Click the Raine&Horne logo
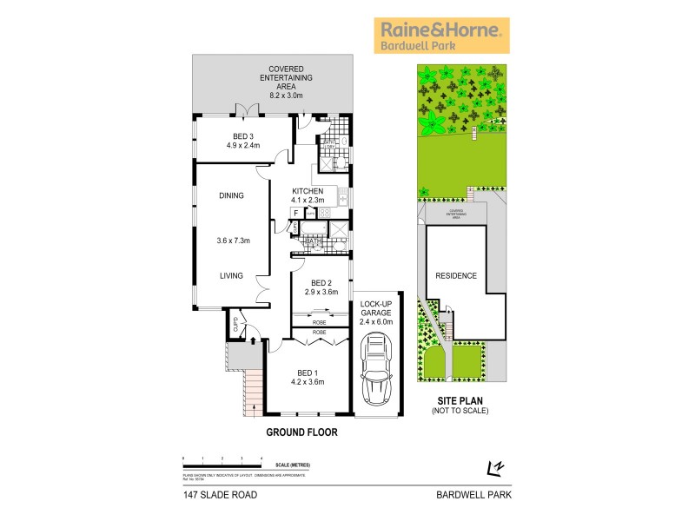click(x=441, y=36)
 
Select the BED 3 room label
click(x=242, y=141)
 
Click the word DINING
click(x=232, y=195)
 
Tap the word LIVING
click(x=232, y=276)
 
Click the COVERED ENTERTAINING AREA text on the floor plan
click(x=273, y=77)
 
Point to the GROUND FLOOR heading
click(x=301, y=432)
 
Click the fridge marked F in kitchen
click(x=296, y=212)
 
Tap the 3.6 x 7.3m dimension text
click(x=232, y=241)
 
